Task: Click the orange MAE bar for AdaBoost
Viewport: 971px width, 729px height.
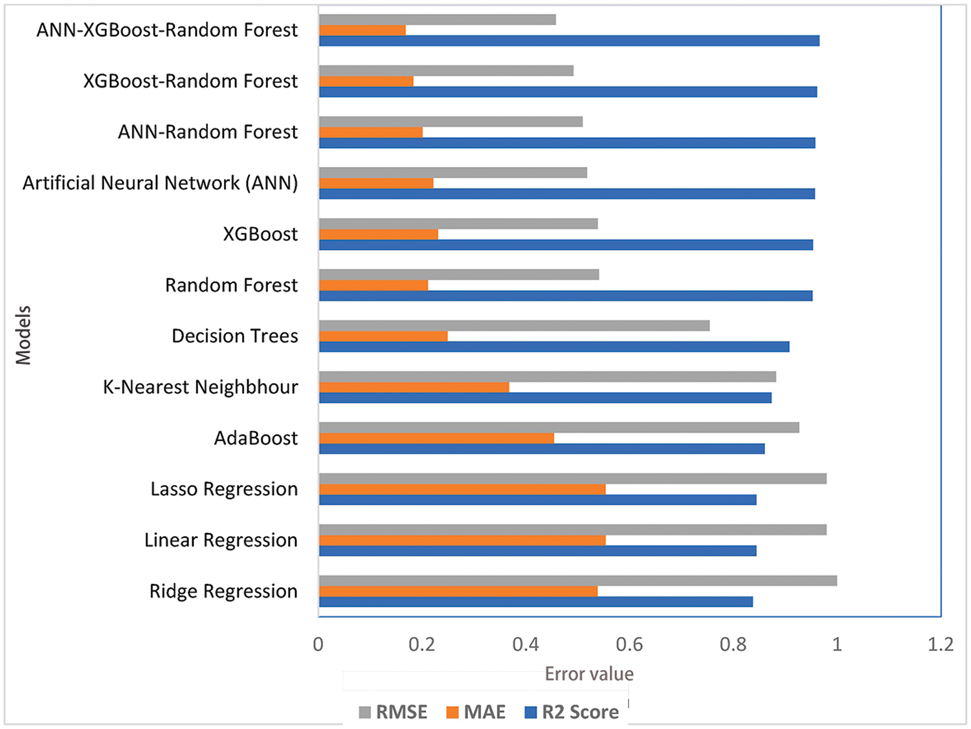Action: coord(436,438)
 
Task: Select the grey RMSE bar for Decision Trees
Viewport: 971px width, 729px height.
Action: coord(514,325)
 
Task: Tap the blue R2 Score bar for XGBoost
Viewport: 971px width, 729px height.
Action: coord(566,245)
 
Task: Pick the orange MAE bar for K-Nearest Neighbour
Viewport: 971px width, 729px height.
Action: coord(414,387)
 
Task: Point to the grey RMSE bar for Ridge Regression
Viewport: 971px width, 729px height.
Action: coord(577,580)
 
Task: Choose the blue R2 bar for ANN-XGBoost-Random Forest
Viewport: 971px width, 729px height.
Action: coord(569,41)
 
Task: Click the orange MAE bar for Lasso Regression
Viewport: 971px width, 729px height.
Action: coord(462,489)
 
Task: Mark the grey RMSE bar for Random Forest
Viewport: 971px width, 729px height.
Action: coord(459,274)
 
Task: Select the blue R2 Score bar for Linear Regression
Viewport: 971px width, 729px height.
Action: coord(537,550)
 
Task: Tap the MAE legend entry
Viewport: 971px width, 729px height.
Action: coord(476,712)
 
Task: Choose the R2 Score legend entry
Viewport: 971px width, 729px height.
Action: coord(572,712)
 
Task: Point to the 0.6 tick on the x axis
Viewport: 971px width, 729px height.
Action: coord(629,644)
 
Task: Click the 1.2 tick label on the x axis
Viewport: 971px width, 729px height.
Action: coord(940,644)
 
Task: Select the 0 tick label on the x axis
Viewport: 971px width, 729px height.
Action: coord(318,644)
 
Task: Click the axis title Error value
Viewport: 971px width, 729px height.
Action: coord(589,674)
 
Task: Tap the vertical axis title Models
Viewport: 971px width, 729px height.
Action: coord(23,335)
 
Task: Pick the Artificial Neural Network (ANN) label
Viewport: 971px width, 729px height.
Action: coord(161,183)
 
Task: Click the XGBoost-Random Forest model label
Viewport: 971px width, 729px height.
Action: coord(190,81)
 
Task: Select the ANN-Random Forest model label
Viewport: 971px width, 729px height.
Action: coord(208,132)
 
